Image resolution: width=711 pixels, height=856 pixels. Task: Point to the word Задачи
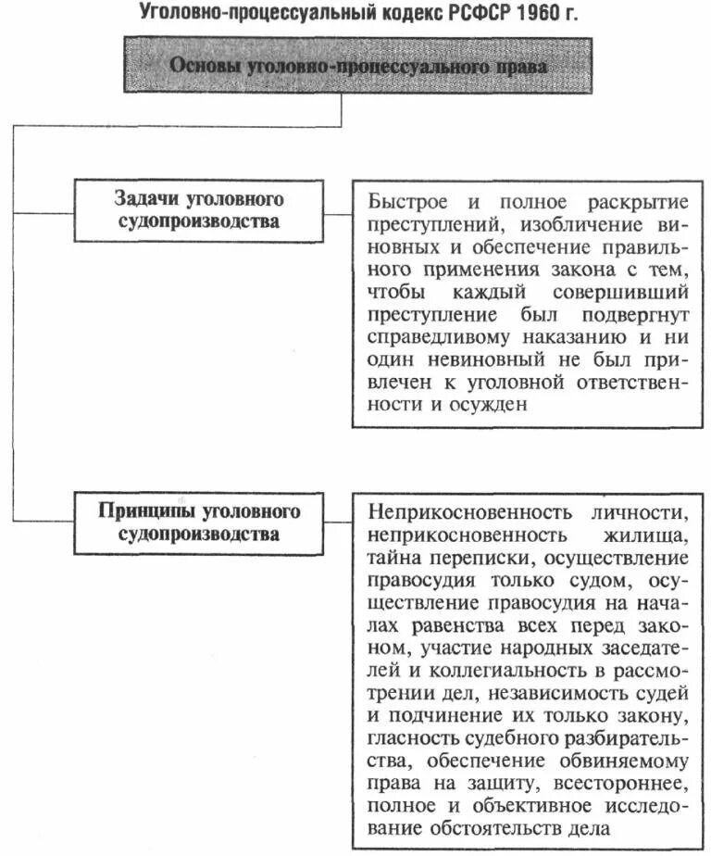[145, 200]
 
